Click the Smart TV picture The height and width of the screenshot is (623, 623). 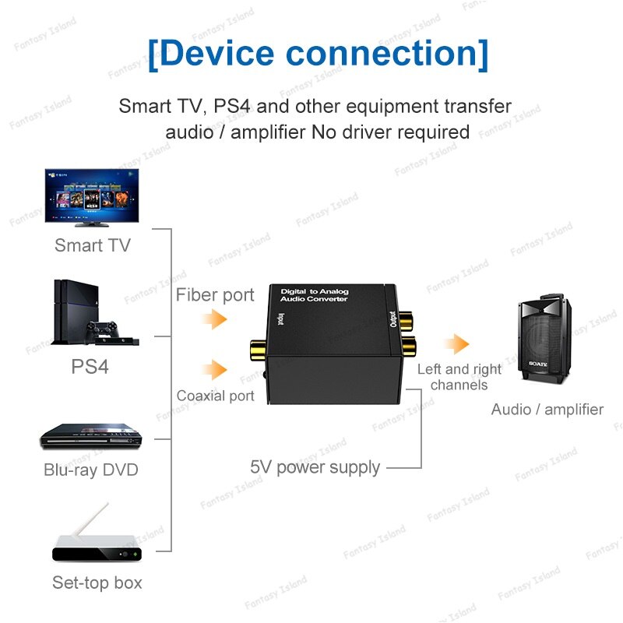pyautogui.click(x=91, y=197)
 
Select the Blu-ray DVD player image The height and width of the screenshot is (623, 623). pyautogui.click(x=90, y=438)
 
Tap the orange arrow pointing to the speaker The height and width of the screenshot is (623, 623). pyautogui.click(x=456, y=344)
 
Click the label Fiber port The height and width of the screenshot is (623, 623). pyautogui.click(x=215, y=295)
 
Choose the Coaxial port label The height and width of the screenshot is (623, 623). pyautogui.click(x=215, y=396)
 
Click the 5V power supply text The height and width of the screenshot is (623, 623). pyautogui.click(x=315, y=467)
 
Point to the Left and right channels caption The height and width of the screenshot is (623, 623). pyautogui.click(x=459, y=377)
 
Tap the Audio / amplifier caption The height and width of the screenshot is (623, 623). pyautogui.click(x=547, y=409)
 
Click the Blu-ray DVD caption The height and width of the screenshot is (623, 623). pyautogui.click(x=90, y=470)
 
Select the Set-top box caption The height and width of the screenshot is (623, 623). pyautogui.click(x=97, y=582)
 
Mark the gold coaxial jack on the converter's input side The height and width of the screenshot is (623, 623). pyautogui.click(x=256, y=349)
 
